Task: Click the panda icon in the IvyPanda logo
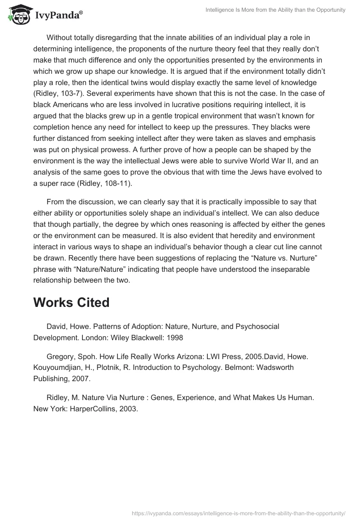(x=18, y=14)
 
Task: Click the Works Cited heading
(x=71, y=302)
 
